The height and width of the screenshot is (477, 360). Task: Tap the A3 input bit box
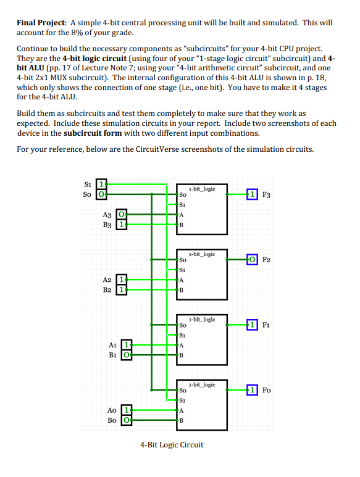[122, 214]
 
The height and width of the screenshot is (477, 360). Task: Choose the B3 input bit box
[122, 225]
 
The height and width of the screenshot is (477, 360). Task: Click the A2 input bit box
[122, 279]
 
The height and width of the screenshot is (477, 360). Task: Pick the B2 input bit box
[122, 290]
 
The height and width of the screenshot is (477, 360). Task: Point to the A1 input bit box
[127, 344]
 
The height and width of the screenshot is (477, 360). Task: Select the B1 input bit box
[127, 355]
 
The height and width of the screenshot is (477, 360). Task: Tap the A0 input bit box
[127, 409]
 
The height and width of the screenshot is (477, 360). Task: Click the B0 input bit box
[127, 420]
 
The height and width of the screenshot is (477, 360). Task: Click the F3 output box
[252, 195]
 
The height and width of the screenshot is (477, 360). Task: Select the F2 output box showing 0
[252, 260]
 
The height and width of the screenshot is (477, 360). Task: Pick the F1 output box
[252, 324]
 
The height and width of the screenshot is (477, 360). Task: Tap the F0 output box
[252, 389]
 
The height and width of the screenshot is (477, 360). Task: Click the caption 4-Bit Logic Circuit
[172, 444]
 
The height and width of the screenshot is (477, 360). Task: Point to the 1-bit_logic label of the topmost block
[202, 188]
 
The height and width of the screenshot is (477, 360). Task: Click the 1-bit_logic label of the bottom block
[202, 384]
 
